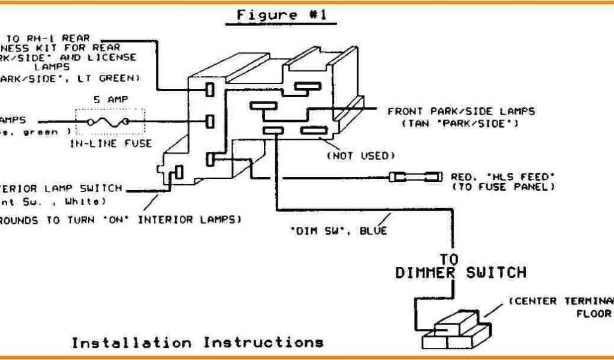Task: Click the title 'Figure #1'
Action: coord(281,15)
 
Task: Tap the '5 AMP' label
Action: coord(109,100)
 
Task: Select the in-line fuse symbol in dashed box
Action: coord(109,122)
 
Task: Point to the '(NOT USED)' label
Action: coord(360,156)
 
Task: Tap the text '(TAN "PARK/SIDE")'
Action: coord(460,124)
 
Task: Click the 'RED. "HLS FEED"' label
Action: coord(502,176)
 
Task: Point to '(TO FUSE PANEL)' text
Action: coord(502,187)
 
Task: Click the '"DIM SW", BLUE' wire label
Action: coord(339,230)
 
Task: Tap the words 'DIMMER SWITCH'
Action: coord(460,273)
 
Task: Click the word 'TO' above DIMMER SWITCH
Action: coord(449,259)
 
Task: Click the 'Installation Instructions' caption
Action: coord(198,343)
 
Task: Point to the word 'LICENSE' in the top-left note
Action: coord(116,58)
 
